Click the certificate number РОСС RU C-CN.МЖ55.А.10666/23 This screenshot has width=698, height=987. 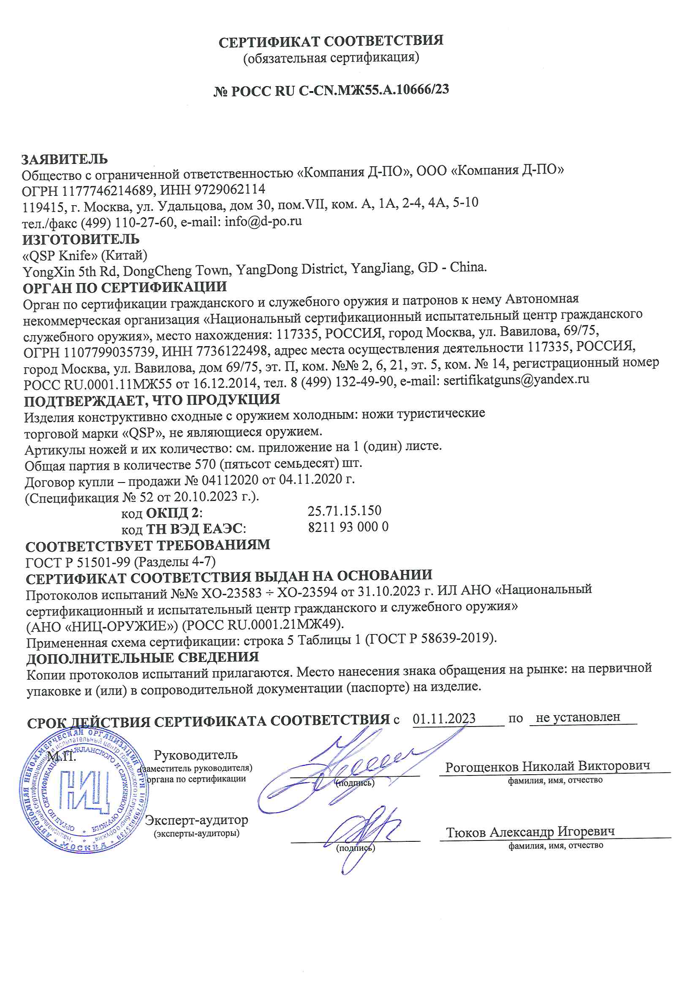[339, 90]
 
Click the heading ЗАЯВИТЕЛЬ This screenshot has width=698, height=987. [65, 159]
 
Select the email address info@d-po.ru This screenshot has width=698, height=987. [263, 221]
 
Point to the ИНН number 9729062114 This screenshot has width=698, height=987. [230, 189]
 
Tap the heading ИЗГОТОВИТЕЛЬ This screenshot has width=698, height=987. [81, 239]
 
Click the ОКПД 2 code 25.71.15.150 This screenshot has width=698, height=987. [344, 511]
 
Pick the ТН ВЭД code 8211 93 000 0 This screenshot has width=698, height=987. [348, 527]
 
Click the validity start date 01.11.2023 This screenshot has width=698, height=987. [444, 719]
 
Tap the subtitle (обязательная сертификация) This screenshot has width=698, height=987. [331, 57]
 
